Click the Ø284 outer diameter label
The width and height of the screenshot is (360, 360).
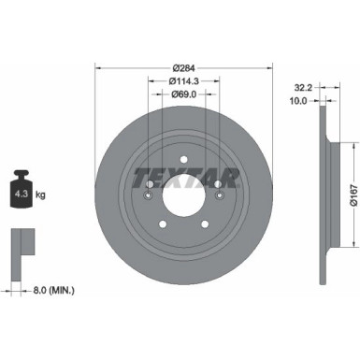tap(184, 68)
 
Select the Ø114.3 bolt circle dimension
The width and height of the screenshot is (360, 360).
tap(184, 81)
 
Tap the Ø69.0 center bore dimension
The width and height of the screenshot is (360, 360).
tap(184, 96)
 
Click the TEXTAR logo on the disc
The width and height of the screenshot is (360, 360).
tap(184, 175)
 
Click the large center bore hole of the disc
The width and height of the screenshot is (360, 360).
tap(184, 199)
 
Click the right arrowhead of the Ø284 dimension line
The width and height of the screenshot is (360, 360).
tap(269, 75)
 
